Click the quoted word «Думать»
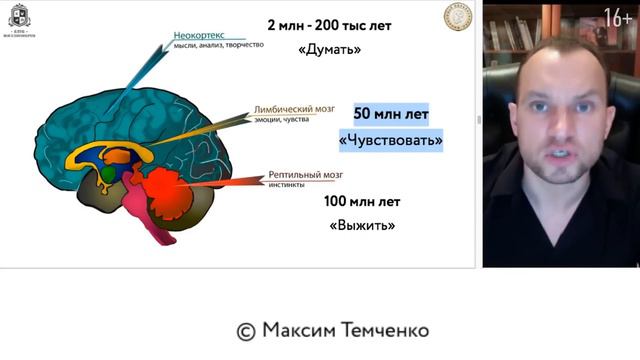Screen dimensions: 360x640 pyautogui.click(x=329, y=48)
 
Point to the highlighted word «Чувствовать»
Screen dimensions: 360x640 pyautogui.click(x=391, y=140)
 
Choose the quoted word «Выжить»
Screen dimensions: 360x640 pyautogui.click(x=362, y=225)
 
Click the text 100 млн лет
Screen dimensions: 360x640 pyautogui.click(x=362, y=201)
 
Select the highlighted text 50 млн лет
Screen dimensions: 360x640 pyautogui.click(x=391, y=114)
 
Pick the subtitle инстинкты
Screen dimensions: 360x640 pyautogui.click(x=288, y=185)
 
